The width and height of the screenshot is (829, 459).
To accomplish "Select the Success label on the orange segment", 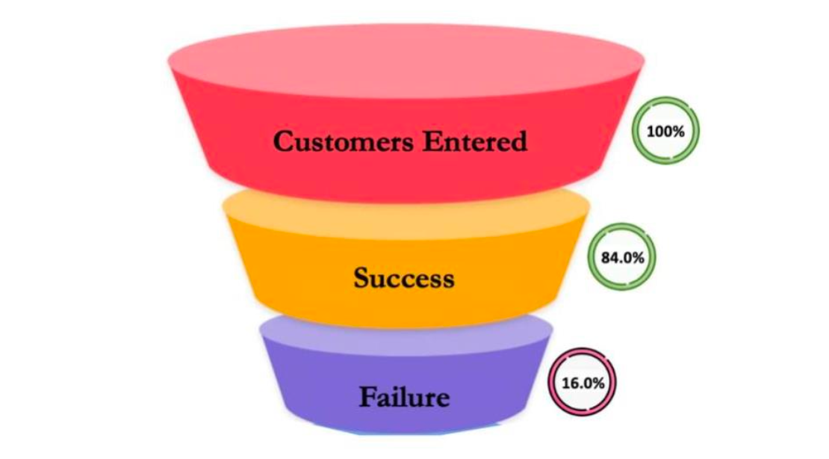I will pos(403,278).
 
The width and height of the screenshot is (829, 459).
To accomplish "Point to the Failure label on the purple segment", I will pos(404,396).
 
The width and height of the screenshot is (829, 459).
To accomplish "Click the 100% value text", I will pos(665,131).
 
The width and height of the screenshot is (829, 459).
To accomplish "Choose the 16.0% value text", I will pos(583,383).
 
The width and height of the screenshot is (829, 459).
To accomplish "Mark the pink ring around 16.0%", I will pos(583,352).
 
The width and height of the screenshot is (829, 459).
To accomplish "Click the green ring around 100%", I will pos(665,100).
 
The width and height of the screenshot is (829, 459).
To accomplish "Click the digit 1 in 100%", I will pos(650,131).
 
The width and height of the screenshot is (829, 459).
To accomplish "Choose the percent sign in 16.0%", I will pos(599,383).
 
